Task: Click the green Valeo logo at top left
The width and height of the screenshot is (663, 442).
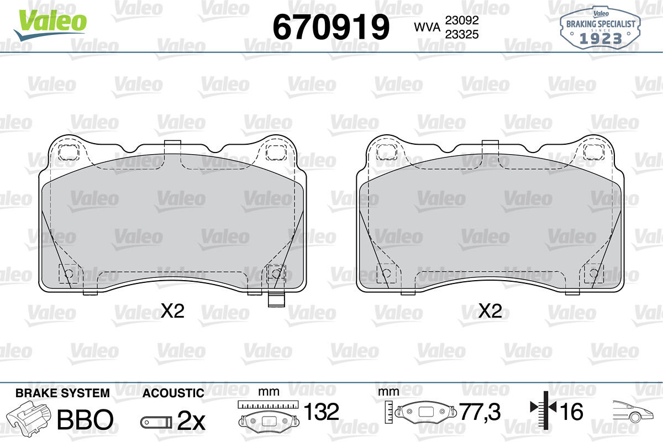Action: click(50, 25)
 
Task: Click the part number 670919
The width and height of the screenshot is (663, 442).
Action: click(331, 27)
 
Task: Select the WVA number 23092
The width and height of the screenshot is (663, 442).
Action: click(462, 20)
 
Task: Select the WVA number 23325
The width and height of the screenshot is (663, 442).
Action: click(462, 34)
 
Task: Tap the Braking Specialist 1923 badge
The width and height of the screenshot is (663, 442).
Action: click(600, 27)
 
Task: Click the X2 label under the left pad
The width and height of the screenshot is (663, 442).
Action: click(172, 311)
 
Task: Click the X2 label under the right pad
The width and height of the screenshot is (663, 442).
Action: click(490, 311)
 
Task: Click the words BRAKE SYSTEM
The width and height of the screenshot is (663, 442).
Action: click(62, 393)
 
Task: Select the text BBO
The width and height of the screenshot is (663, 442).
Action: click(85, 419)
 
